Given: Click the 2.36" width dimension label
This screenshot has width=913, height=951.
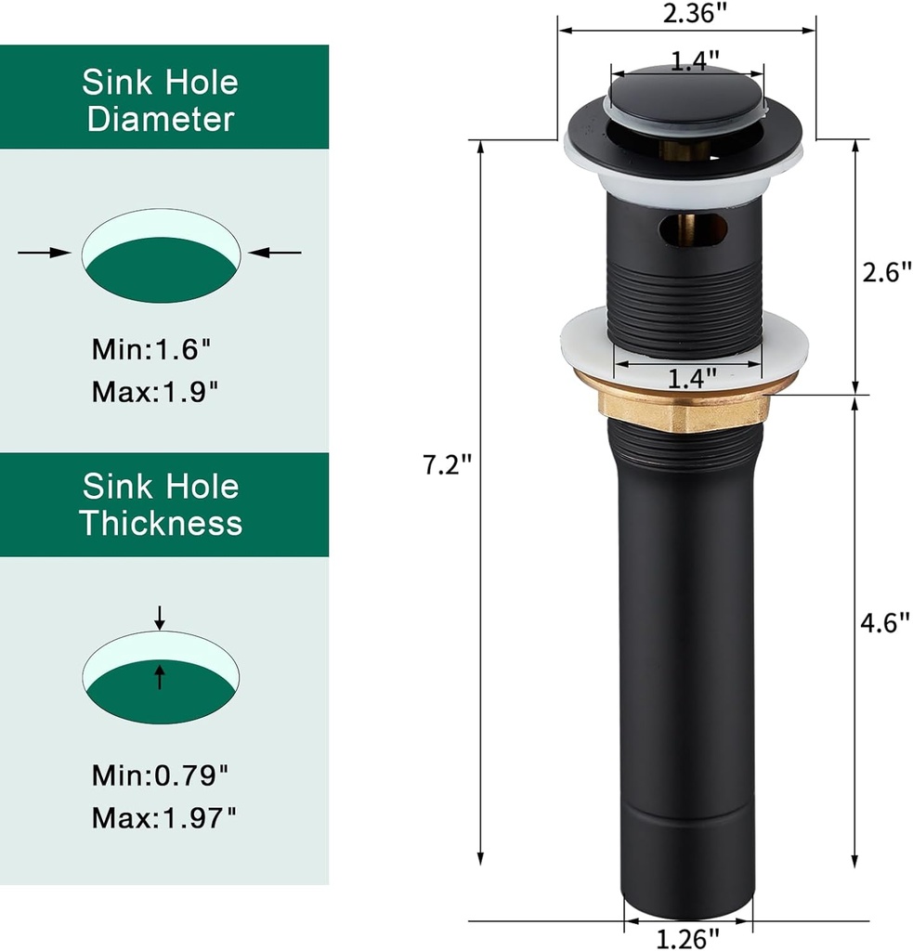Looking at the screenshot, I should pos(686,15).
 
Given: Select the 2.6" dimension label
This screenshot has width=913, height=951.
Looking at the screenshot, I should pos(880,274).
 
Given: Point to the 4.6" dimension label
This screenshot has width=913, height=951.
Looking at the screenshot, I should pos(880,623).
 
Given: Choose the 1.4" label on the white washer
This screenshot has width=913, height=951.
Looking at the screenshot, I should pos(693,378).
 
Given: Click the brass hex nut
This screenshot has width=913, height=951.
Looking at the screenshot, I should pos(685,409).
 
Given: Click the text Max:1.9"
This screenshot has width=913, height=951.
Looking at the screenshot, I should pos(155,391).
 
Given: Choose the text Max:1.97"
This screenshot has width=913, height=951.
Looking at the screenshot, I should pos(163,818).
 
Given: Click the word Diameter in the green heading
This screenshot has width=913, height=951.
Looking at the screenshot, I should pos(161,120).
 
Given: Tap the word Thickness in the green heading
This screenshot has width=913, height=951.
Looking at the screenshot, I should pos(161,523).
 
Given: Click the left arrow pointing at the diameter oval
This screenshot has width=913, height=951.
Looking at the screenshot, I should pos(44,252).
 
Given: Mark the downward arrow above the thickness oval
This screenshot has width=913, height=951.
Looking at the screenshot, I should pos(160,617).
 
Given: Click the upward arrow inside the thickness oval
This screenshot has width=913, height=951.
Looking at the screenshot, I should pos(160,676).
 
